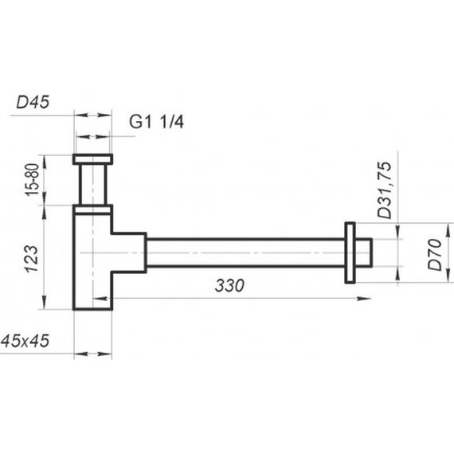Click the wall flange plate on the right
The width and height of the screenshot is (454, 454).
click(x=350, y=252)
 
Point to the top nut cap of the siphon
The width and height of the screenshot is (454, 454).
click(x=93, y=159)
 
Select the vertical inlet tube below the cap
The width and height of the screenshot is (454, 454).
click(x=93, y=185)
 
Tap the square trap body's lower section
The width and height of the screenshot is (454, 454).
click(x=92, y=287)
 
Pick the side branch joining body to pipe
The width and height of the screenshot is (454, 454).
click(x=130, y=252)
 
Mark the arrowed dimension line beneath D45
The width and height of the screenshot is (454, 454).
click(x=93, y=138)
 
